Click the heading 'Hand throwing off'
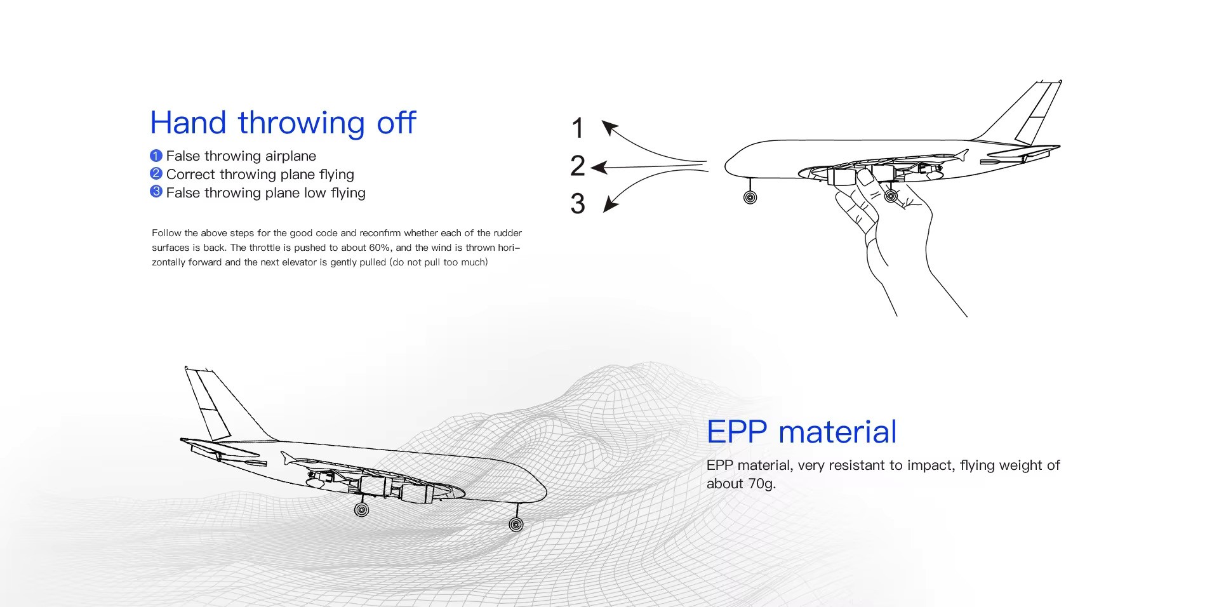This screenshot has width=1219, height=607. tap(283, 123)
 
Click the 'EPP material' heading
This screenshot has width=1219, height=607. tap(801, 432)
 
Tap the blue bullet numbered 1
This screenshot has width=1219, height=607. tap(156, 156)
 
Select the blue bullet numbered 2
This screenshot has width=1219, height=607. tap(156, 174)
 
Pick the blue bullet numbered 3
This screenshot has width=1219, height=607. tap(156, 192)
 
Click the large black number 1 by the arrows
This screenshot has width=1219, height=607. tap(577, 128)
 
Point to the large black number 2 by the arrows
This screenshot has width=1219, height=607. tap(578, 166)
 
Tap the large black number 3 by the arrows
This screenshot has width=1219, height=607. tap(578, 203)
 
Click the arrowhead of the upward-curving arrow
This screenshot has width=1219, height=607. tap(610, 128)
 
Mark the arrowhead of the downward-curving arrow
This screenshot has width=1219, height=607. tap(610, 204)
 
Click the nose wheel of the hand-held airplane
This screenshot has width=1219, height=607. tap(750, 197)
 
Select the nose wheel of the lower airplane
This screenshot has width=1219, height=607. tap(516, 524)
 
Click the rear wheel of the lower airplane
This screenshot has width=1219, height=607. tap(361, 509)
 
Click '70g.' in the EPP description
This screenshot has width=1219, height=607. tap(762, 484)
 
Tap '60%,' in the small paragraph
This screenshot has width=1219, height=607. tap(380, 248)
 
